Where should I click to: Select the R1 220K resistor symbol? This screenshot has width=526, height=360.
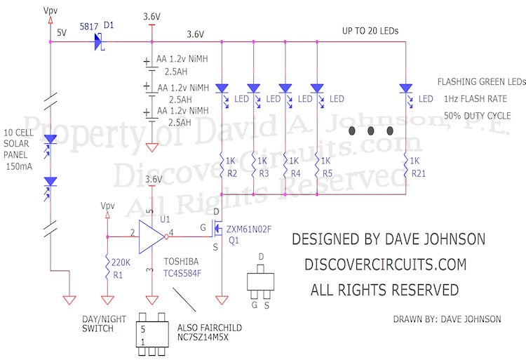tap(106, 267)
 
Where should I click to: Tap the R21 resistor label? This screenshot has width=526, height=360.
tap(419, 173)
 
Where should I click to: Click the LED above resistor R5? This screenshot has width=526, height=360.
tap(317, 89)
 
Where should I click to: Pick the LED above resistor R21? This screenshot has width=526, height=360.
tap(405, 89)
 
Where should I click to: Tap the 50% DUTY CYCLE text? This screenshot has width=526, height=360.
tap(477, 115)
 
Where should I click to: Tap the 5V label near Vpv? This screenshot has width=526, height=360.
tap(62, 33)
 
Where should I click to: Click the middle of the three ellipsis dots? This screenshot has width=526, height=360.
tap(371, 131)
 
